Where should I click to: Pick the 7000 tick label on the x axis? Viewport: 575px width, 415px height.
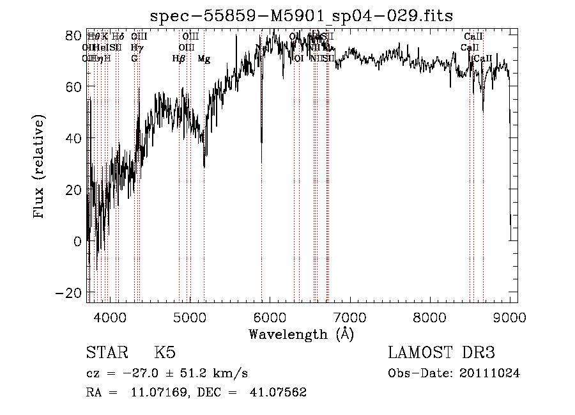pos(349,316)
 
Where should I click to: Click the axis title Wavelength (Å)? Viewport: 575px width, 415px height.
pos(301,334)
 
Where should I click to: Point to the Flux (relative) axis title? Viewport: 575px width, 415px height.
pos(40,167)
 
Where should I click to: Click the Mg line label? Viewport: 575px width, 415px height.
pos(204,59)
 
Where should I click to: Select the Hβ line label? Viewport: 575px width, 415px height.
pos(179,59)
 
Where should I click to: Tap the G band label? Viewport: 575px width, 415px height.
pos(134,59)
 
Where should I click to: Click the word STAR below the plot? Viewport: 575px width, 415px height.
pos(107,353)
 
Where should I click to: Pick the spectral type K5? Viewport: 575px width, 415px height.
pos(165,353)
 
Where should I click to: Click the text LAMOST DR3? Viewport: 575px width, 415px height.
pos(441,353)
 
